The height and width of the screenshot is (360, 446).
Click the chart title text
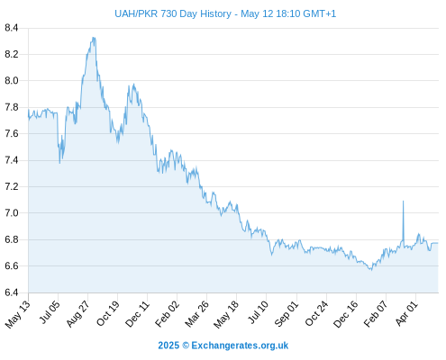point(225,13)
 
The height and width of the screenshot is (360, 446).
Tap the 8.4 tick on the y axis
point(12,28)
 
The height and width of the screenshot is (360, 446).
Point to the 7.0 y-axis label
point(12,213)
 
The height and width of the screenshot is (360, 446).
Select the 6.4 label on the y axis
point(12,292)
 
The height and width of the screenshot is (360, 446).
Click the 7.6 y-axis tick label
point(12,133)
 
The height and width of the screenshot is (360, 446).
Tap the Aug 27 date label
point(78,313)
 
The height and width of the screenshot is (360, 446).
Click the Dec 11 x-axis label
point(137,313)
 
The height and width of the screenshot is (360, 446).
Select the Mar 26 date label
point(196,313)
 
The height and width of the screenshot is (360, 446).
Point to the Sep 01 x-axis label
point(287,313)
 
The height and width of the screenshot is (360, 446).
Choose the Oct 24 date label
point(316,313)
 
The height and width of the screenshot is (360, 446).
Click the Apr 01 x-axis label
point(406,313)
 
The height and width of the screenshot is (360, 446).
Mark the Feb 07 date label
point(376,313)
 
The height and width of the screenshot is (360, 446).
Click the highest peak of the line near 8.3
point(94,38)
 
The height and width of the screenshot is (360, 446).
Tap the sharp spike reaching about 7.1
point(403,202)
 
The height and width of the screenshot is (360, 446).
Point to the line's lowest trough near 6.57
point(371,270)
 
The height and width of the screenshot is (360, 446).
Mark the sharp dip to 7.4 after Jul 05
point(59,163)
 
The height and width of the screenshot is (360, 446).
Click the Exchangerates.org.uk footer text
point(240,346)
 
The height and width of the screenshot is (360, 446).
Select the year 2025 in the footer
point(168,346)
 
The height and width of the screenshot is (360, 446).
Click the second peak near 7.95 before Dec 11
point(133,85)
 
